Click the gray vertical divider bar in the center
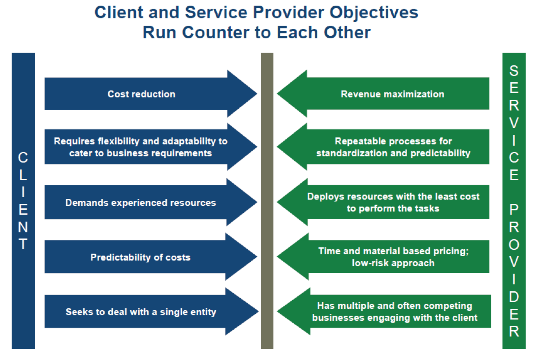tap(267, 201)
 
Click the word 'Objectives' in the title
tap(374, 13)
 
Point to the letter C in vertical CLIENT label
tap(23, 158)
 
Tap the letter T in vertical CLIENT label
tap(23, 244)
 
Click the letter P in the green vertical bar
tap(514, 209)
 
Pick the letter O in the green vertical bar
tap(514, 245)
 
